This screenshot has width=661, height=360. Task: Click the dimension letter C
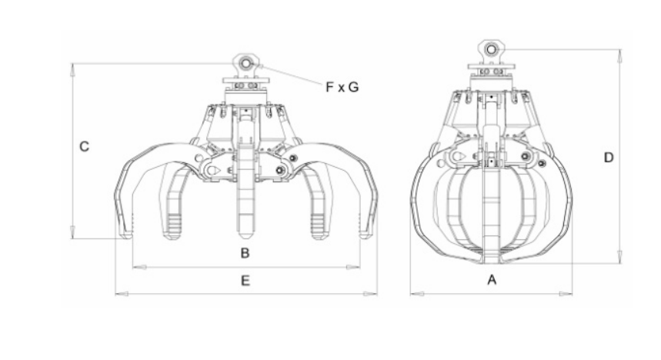click(x=85, y=146)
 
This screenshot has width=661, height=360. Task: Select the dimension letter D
click(x=609, y=157)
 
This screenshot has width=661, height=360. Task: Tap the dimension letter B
click(x=245, y=253)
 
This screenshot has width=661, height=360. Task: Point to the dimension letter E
click(x=245, y=280)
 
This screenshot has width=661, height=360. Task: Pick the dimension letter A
click(x=492, y=279)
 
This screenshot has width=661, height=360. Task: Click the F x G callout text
click(x=342, y=87)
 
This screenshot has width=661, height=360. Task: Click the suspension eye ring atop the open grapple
click(x=245, y=64)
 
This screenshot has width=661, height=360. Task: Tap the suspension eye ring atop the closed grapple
click(x=491, y=49)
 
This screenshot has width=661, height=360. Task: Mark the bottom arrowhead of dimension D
click(x=619, y=257)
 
